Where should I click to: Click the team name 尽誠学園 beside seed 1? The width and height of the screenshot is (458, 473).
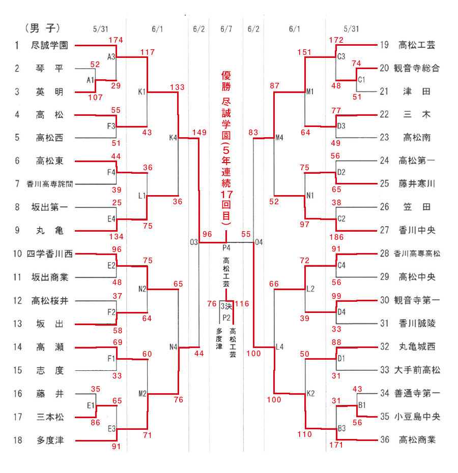49,45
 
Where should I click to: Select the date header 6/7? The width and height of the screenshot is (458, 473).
225,28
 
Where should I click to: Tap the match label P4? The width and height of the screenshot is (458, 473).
227,248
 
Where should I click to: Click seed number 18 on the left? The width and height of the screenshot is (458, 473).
18,440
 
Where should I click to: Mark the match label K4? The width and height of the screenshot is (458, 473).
173,137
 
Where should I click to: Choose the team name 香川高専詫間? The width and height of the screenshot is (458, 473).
49,184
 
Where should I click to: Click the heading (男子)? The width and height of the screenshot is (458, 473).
42,27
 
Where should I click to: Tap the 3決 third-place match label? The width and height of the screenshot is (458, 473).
225,306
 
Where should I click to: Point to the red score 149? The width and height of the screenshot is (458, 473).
199,133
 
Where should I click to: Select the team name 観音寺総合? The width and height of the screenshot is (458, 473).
416,68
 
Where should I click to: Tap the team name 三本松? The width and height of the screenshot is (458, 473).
49,417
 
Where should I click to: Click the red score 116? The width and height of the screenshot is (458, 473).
242,304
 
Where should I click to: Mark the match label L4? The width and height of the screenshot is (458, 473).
279,348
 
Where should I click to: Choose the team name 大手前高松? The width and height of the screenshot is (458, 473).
417,370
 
